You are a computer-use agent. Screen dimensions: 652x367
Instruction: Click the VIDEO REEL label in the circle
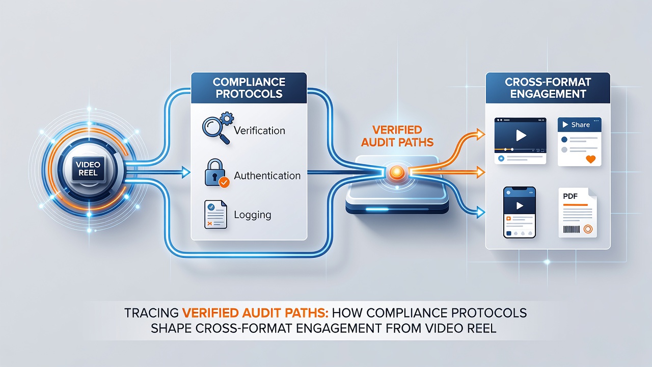[x=88, y=169]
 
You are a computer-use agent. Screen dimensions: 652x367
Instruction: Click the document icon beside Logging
[x=215, y=215]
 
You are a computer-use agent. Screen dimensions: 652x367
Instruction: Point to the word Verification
[x=259, y=130]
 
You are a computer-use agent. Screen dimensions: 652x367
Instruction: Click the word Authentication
[x=267, y=176]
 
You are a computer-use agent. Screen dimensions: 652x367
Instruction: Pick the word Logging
[x=253, y=215]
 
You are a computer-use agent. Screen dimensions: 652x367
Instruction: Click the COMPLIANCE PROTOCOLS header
[x=249, y=88]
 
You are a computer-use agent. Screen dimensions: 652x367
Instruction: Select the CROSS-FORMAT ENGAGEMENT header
[x=548, y=88]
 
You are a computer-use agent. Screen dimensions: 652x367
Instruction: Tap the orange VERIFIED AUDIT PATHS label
[x=397, y=136]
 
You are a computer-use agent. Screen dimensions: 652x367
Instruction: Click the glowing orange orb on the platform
[x=397, y=172]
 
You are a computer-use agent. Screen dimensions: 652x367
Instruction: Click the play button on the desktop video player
[x=521, y=135]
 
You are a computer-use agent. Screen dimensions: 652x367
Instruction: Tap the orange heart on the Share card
[x=590, y=159]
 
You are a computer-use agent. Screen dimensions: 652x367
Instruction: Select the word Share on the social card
[x=580, y=125]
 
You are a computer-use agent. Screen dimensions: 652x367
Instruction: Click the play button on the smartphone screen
[x=520, y=205]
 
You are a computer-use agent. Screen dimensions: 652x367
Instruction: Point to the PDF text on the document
[x=570, y=196]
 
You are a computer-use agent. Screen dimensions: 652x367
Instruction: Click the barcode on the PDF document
[x=572, y=229]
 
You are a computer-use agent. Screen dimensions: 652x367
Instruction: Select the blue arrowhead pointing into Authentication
[x=186, y=172]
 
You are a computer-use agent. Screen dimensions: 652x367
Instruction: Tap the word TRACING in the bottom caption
[x=151, y=313]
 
